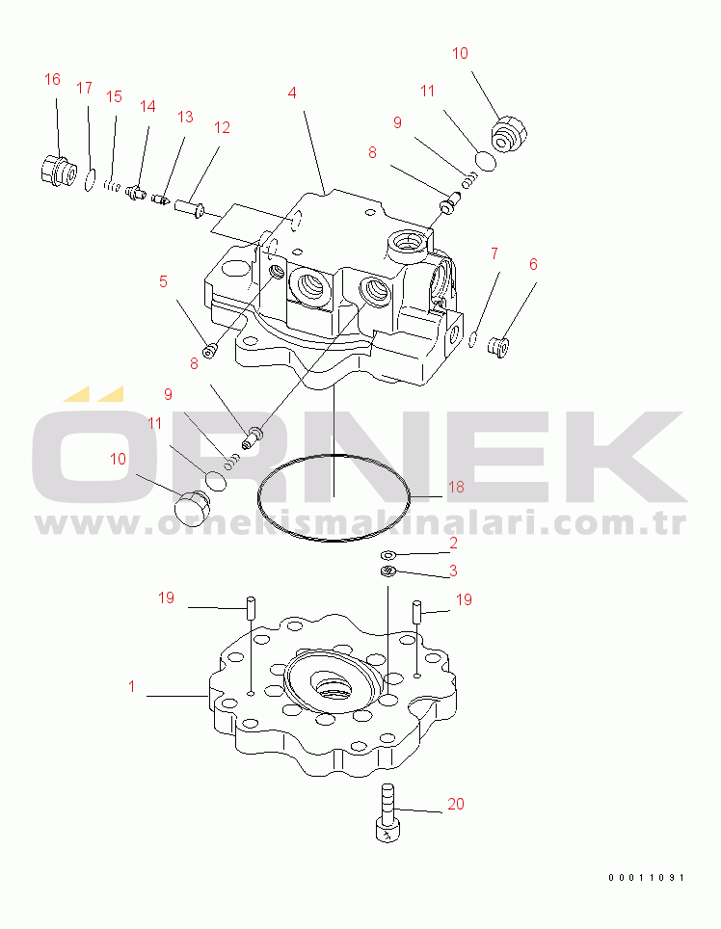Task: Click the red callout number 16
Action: point(52,79)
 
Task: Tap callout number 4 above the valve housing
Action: point(292,93)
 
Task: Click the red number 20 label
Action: point(456,804)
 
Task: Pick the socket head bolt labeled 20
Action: point(387,812)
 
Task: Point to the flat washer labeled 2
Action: point(388,555)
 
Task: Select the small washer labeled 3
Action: point(388,571)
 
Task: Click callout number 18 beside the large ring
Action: point(456,487)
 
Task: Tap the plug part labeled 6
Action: point(498,347)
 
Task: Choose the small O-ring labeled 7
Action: point(472,340)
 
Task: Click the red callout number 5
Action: point(164,281)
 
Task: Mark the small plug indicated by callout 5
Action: point(209,352)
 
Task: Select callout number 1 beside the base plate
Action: point(131,686)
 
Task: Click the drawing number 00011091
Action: point(646,878)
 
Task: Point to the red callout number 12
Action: point(222,127)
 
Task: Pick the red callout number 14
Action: point(147,106)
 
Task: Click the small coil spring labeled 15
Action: point(112,186)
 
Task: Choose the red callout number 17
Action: point(84,88)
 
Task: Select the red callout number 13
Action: point(185,117)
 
